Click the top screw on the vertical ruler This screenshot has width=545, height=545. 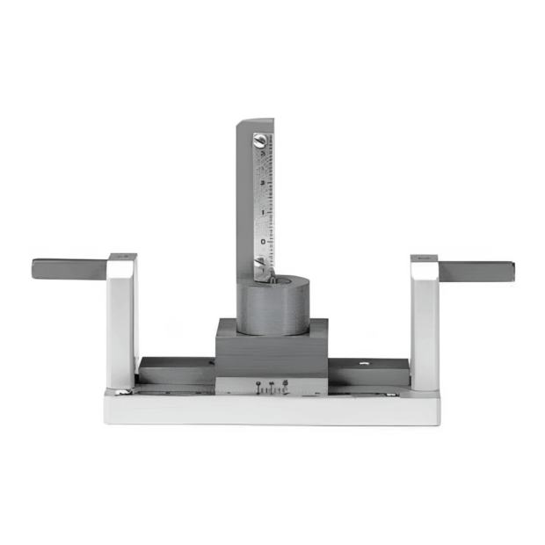pyautogui.click(x=260, y=139)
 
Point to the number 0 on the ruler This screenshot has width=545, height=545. pyautogui.click(x=262, y=240)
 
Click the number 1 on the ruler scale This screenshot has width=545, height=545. pyautogui.click(x=262, y=212)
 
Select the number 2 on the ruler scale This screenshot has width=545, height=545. pyautogui.click(x=262, y=183)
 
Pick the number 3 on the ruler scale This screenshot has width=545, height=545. pyautogui.click(x=262, y=155)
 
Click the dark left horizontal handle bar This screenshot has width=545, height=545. pyautogui.click(x=70, y=268)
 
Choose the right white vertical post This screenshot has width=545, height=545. pyautogui.click(x=424, y=325)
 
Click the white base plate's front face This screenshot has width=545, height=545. pyautogui.click(x=272, y=410)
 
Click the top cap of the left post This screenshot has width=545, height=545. pyautogui.click(x=123, y=257)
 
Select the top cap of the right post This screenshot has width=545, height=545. pyautogui.click(x=424, y=258)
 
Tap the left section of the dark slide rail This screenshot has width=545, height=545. pyautogui.click(x=176, y=370)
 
